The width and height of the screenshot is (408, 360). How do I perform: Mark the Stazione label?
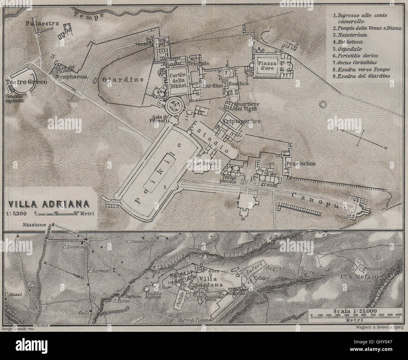35,225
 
